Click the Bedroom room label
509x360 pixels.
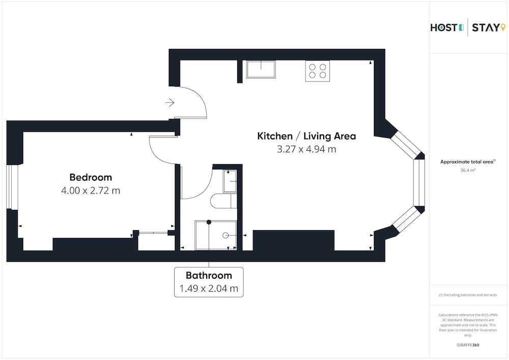[x=91, y=177]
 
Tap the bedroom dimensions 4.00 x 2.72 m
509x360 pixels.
[x=91, y=190]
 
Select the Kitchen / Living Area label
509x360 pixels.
[x=306, y=136]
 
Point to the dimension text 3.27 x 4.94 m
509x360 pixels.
[x=306, y=149]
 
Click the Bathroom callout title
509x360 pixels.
[x=209, y=275]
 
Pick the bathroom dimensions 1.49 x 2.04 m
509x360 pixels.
[x=209, y=288]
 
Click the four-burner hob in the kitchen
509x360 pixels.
[x=318, y=71]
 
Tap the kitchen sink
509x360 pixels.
[x=261, y=69]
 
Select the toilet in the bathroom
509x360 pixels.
[x=223, y=201]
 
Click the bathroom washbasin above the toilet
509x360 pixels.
[x=230, y=181]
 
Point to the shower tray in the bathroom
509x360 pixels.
[x=215, y=235]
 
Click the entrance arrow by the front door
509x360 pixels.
[x=170, y=102]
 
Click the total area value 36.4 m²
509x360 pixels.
[x=468, y=170]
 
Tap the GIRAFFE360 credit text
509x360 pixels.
[x=468, y=345]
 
